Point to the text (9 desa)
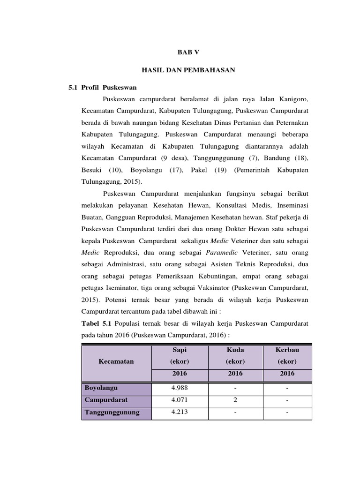click(x=173, y=158)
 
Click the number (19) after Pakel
click(x=220, y=170)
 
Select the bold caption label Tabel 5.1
click(x=97, y=323)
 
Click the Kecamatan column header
click(x=116, y=361)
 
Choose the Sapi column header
click(x=179, y=350)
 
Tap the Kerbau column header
click(x=287, y=350)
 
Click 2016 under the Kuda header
click(x=235, y=374)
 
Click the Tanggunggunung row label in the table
click(x=112, y=412)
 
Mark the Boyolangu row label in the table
click(x=101, y=388)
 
